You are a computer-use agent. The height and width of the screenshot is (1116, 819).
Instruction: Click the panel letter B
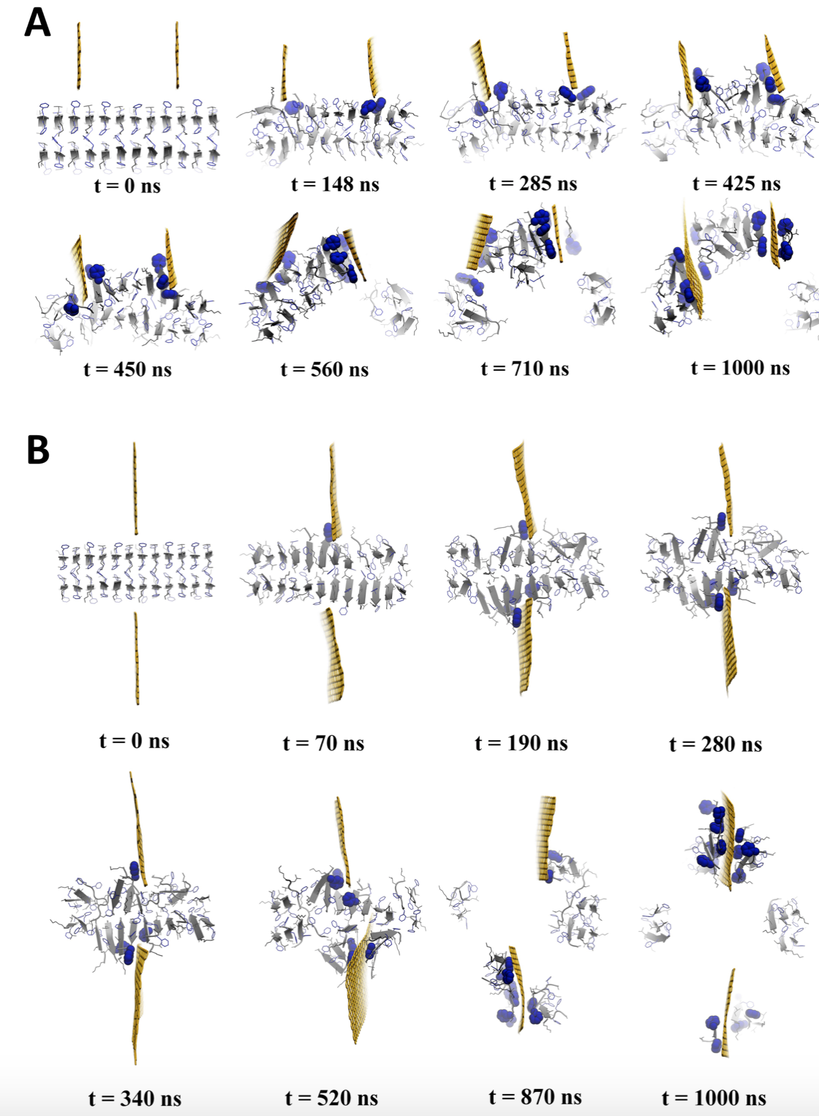tap(38, 449)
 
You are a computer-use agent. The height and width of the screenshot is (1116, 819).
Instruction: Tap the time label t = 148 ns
tap(335, 184)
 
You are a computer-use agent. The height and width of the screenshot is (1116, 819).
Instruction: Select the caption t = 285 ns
tap(532, 184)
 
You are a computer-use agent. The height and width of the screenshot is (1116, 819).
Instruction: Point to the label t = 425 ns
tap(736, 184)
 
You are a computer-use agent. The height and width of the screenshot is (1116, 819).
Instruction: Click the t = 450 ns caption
tap(127, 369)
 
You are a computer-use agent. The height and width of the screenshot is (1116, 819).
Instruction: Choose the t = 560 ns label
tap(324, 369)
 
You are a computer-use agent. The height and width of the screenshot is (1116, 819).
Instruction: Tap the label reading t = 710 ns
tap(524, 369)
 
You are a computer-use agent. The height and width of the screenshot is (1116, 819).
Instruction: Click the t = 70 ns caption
tap(323, 743)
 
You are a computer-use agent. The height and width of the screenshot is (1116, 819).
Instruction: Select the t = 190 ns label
tap(521, 743)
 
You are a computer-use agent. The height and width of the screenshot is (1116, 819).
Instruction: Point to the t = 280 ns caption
tap(715, 744)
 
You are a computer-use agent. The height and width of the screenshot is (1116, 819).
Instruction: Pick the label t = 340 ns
tap(135, 1098)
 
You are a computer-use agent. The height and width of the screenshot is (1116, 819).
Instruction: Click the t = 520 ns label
tap(331, 1098)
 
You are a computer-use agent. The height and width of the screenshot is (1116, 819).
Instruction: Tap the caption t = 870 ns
tap(535, 1097)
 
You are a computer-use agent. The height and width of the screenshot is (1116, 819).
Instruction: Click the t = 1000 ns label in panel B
tap(714, 1098)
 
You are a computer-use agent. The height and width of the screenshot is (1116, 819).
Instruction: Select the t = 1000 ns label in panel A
tap(740, 368)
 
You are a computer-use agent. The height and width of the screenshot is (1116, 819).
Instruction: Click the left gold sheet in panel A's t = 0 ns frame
tap(79, 56)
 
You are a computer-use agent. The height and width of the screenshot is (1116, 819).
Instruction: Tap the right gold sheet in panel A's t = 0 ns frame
tap(177, 56)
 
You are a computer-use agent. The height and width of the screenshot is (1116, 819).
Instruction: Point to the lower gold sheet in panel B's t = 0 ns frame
tap(137, 658)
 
